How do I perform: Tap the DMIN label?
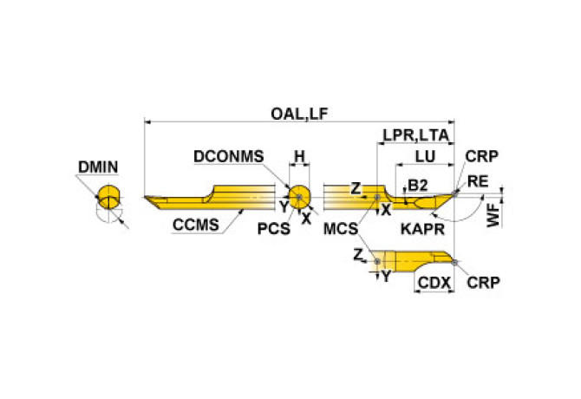(97, 167)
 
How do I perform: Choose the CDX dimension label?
(433, 283)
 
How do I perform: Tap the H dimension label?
(298, 156)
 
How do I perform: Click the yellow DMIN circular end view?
(108, 197)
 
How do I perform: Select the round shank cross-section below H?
(299, 195)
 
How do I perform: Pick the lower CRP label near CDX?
(482, 283)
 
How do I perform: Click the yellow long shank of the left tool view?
(208, 199)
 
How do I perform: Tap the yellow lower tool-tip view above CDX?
(416, 261)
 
